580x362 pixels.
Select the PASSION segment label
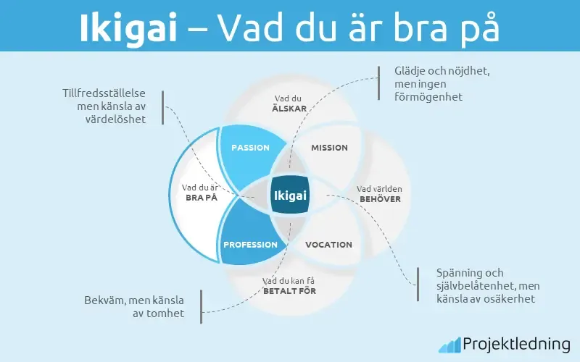point(250,148)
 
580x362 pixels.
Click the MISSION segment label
point(329,148)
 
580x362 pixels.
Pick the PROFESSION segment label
point(250,245)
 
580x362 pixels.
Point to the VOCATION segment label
point(328,245)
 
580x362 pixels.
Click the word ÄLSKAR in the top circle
point(289,109)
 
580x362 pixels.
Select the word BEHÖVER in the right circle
point(381,198)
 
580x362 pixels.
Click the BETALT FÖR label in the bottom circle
point(289,291)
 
